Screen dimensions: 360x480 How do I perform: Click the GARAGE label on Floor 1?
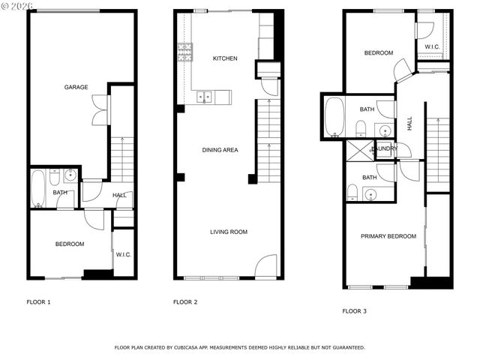pos(76,87)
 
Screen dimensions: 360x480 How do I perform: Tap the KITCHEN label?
pos(225,58)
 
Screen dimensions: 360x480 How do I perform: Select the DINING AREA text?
pos(220,150)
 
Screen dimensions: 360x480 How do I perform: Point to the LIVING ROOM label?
pos(228,232)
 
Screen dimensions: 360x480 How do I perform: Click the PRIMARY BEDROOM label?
pos(388,236)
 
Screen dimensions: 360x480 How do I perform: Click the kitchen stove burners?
pos(185,52)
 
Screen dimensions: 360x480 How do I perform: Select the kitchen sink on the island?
pos(204,97)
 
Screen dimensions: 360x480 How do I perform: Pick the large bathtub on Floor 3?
pos(334,117)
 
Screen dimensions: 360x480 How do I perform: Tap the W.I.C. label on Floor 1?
pos(124,254)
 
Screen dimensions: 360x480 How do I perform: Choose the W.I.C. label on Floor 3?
pos(432,47)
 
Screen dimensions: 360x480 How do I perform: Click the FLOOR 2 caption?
pos(185,302)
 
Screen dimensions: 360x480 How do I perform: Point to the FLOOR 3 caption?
pos(355,310)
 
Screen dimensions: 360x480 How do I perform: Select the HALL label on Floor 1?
pos(119,196)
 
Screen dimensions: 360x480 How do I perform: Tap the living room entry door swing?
pos(267,267)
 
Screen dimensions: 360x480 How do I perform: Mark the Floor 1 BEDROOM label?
pos(70,244)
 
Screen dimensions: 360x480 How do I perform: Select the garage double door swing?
pos(98,110)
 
